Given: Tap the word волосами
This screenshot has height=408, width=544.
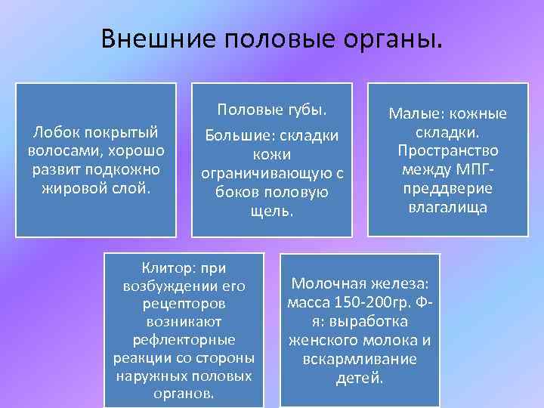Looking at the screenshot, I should [61, 150].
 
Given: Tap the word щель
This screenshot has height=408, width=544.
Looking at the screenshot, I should [271, 210].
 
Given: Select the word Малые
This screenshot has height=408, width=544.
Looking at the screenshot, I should [413, 114].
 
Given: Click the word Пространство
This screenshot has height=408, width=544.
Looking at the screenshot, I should [448, 150].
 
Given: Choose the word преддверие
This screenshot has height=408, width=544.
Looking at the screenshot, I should [448, 188].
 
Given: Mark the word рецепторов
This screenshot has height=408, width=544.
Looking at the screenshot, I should [184, 304].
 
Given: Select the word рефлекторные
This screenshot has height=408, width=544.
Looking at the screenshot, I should [184, 339].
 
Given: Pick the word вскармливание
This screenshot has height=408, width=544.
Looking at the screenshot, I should [360, 358].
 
